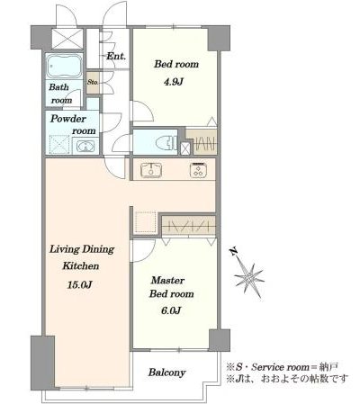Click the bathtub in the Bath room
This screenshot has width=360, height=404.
64,67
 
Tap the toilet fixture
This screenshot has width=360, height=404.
166,142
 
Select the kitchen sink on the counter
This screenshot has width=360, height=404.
151,170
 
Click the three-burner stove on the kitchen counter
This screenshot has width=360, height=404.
199,171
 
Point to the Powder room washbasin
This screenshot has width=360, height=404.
85,147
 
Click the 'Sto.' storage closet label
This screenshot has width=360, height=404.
93,82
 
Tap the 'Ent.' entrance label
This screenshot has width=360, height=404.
116,57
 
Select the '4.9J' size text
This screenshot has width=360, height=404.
173,82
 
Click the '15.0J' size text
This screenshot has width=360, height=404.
79,284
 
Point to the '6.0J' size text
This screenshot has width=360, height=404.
171,310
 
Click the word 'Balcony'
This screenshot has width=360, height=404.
167,373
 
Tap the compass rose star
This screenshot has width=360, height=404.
248,278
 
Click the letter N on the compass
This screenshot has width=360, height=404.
234,251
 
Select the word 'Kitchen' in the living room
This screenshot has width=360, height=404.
80,265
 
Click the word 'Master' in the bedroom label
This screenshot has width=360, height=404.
167,281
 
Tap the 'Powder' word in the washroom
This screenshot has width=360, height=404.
68,119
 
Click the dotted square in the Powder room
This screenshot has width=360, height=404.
58,145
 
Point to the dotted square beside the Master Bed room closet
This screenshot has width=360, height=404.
146,222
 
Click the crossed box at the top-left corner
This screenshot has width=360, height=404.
67,39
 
